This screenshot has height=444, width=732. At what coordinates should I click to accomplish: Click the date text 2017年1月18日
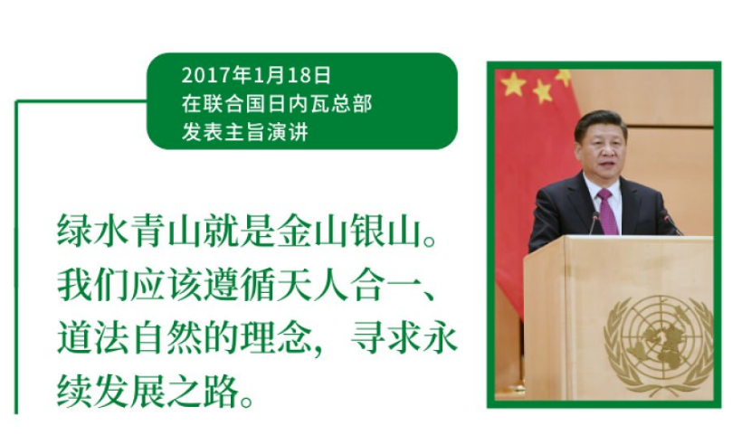256,76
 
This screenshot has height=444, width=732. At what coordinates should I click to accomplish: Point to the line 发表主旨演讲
245,132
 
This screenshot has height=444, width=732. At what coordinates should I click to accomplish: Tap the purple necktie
607,212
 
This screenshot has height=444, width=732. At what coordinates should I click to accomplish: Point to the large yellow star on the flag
513,85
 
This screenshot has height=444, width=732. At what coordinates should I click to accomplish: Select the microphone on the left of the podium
594,223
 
